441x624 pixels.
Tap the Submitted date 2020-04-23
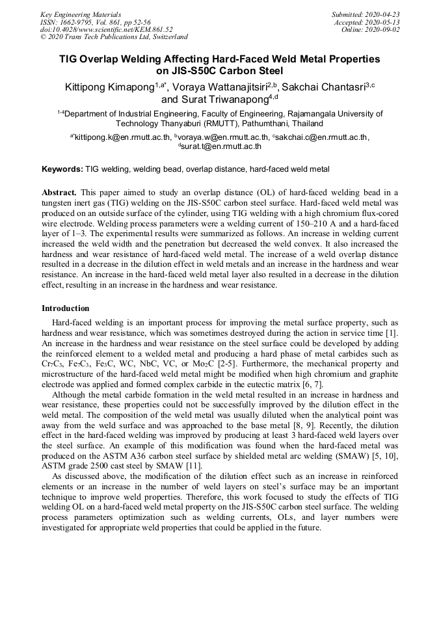click(382, 14)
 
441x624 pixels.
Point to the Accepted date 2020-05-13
click(382, 22)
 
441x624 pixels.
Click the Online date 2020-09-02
click(382, 30)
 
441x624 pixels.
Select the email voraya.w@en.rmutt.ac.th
click(222, 137)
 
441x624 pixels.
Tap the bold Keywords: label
click(62, 169)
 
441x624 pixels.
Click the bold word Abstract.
click(59, 193)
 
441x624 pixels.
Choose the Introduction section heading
click(66, 308)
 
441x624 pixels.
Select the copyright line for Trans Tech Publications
click(114, 38)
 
